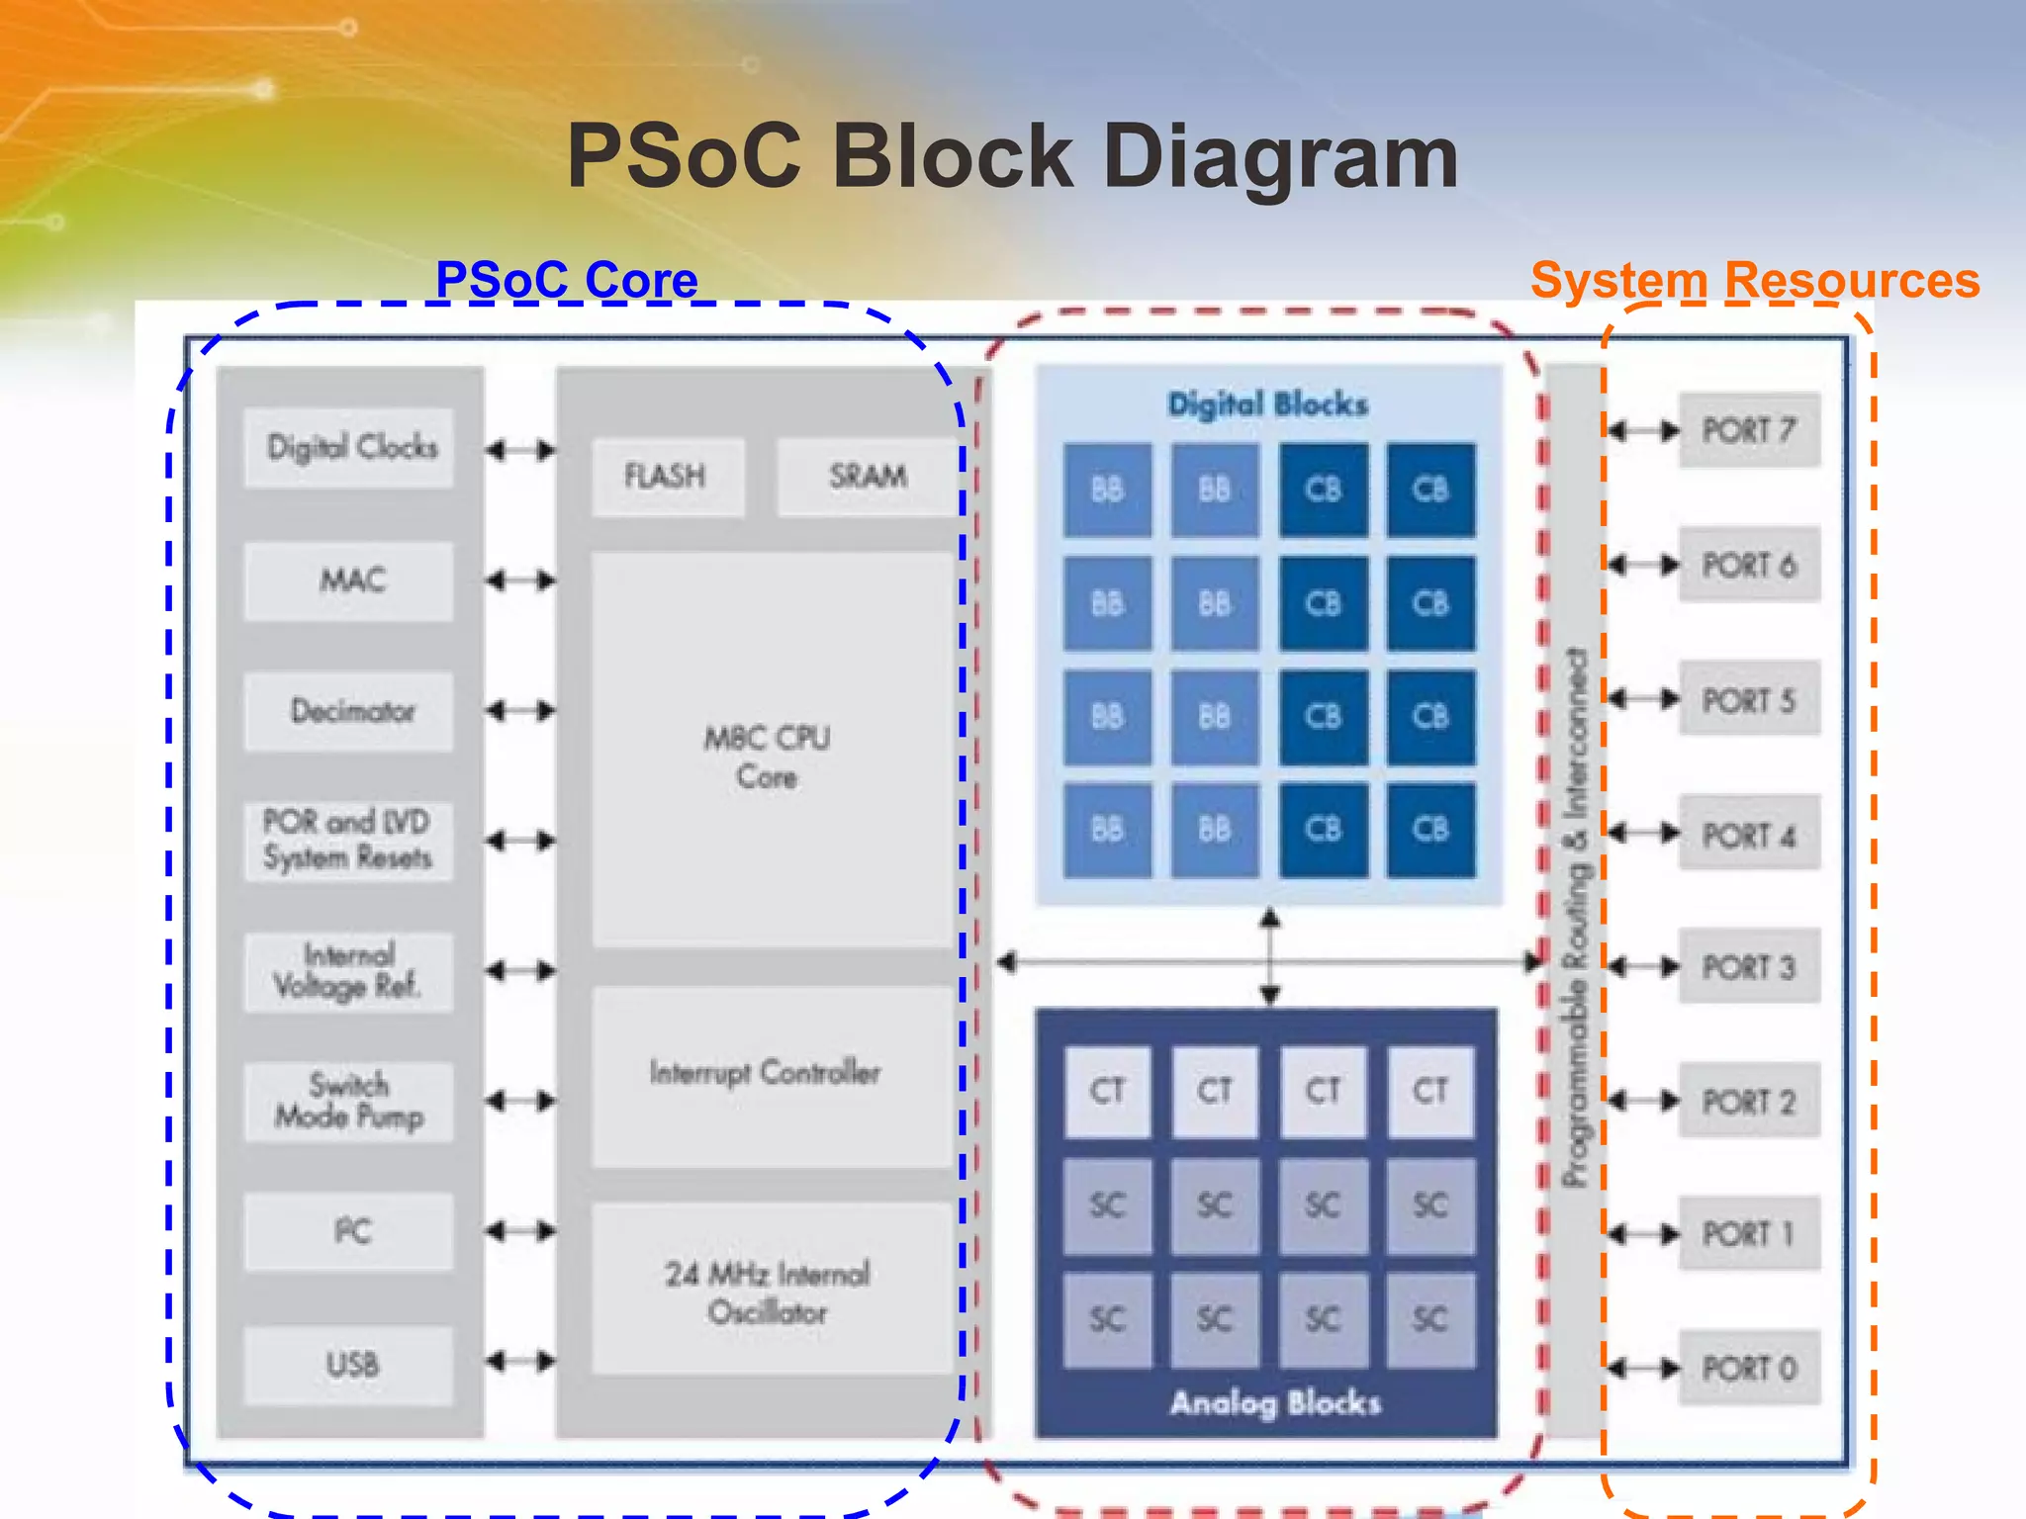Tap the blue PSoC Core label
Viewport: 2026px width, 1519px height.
[566, 280]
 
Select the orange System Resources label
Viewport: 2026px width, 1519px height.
[1754, 280]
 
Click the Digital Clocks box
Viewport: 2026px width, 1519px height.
[349, 447]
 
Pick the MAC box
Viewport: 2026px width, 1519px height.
[349, 580]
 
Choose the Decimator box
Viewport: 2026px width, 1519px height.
[349, 710]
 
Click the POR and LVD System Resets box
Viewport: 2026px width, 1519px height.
[349, 840]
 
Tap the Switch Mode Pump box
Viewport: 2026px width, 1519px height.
[349, 1101]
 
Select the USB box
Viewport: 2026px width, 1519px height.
[349, 1365]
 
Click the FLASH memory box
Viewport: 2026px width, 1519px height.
[667, 476]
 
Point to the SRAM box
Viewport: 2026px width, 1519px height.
[867, 476]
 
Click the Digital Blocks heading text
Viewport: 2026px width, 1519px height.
[1267, 403]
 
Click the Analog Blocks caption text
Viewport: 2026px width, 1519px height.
[1274, 1402]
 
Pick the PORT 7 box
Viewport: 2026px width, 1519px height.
[1748, 430]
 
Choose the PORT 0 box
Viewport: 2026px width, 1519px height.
[1748, 1368]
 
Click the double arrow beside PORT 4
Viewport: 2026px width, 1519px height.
[1643, 833]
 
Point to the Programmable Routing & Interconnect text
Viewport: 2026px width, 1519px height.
[1574, 916]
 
